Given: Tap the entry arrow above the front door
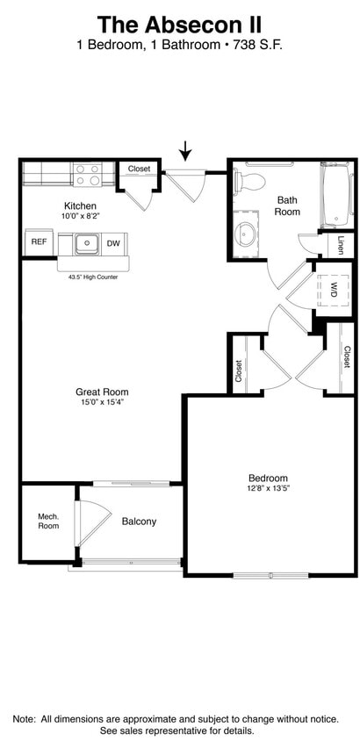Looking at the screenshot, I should tap(185, 151).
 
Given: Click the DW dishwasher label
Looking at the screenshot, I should tap(113, 243).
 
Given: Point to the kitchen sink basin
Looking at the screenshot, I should tap(86, 243).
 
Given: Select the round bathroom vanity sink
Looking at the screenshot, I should tap(247, 235).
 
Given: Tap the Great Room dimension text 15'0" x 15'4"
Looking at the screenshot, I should tap(103, 403).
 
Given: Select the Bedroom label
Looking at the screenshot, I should tap(268, 478).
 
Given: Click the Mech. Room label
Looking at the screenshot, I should tap(48, 522).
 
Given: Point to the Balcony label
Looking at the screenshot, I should tap(139, 522).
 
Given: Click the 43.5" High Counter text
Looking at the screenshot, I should tap(92, 276).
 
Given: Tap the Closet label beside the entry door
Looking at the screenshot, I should tap(139, 169).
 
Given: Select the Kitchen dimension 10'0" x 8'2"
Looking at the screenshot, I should tap(80, 215).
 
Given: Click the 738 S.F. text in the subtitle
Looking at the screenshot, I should tap(256, 45).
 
